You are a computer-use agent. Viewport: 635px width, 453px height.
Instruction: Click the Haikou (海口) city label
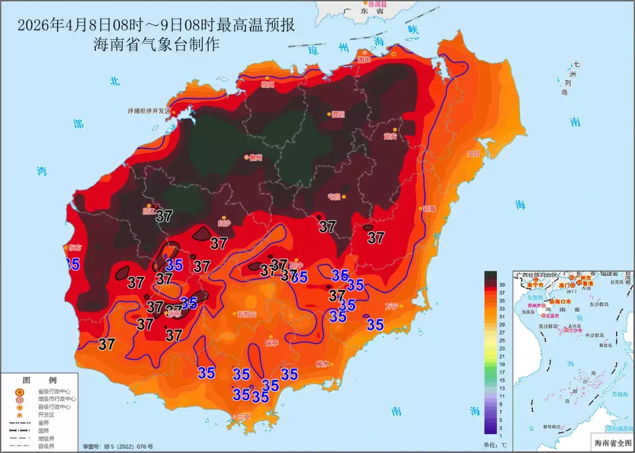[365, 59]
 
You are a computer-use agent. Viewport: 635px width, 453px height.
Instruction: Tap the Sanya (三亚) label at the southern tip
[243, 417]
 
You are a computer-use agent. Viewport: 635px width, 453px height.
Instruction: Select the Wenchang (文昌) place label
[473, 154]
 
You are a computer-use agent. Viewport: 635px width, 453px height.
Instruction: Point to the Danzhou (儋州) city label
[256, 157]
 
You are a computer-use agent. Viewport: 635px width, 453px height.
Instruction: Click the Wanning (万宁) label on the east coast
[392, 306]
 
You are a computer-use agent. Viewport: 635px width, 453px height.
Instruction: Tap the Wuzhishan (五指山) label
[247, 314]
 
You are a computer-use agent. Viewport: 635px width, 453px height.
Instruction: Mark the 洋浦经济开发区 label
[149, 111]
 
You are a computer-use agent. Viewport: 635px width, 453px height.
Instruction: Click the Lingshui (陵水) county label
[322, 364]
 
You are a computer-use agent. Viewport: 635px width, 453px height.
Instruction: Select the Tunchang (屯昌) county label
[334, 196]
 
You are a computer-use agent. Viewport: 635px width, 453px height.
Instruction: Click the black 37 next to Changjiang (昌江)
[164, 216]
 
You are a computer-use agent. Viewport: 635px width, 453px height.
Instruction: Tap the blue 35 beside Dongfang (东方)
[72, 264]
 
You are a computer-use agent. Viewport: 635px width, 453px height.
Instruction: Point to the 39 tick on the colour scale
[503, 284]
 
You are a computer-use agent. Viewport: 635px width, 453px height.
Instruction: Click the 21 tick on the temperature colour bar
[503, 357]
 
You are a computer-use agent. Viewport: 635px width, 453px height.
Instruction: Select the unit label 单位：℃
[495, 445]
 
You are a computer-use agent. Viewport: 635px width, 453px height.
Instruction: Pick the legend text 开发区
[46, 414]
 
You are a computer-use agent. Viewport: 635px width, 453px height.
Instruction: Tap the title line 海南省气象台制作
[156, 44]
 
